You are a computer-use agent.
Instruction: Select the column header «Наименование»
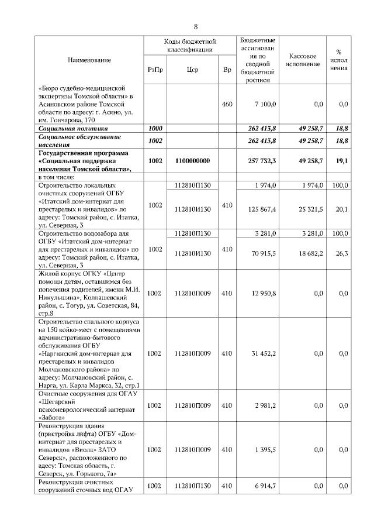[89, 60]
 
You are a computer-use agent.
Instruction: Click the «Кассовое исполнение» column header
[303, 60]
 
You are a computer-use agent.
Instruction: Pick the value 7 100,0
[265, 104]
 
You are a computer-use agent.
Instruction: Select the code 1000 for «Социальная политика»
[155, 127]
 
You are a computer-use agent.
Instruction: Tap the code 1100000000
[192, 160]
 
